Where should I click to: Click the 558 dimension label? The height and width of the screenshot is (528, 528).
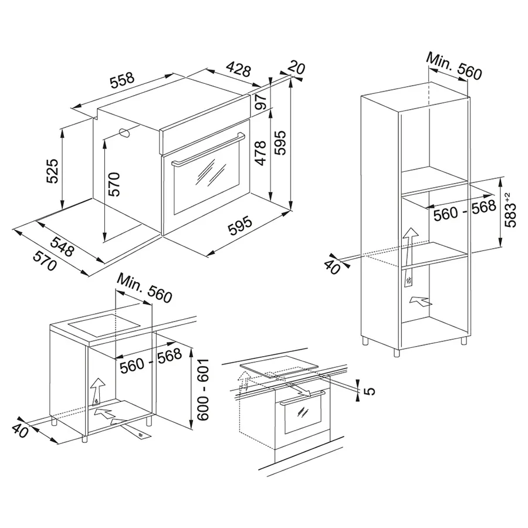click(x=123, y=80)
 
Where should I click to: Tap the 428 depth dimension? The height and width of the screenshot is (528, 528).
click(x=238, y=69)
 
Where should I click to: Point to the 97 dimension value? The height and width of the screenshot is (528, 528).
click(x=260, y=101)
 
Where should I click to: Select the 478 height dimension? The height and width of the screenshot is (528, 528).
click(x=260, y=153)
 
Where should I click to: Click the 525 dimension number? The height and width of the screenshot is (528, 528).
click(x=53, y=171)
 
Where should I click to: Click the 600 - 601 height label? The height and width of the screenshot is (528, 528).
click(x=203, y=390)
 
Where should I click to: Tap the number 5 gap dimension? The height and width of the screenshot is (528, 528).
click(x=370, y=391)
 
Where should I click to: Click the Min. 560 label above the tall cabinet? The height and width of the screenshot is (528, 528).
click(x=454, y=66)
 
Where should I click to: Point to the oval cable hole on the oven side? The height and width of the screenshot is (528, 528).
click(x=126, y=133)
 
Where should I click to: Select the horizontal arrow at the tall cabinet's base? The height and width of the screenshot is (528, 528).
click(x=420, y=301)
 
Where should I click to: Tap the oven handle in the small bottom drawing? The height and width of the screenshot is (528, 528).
click(x=302, y=397)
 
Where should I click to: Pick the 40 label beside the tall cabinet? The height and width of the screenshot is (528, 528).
click(x=331, y=268)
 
